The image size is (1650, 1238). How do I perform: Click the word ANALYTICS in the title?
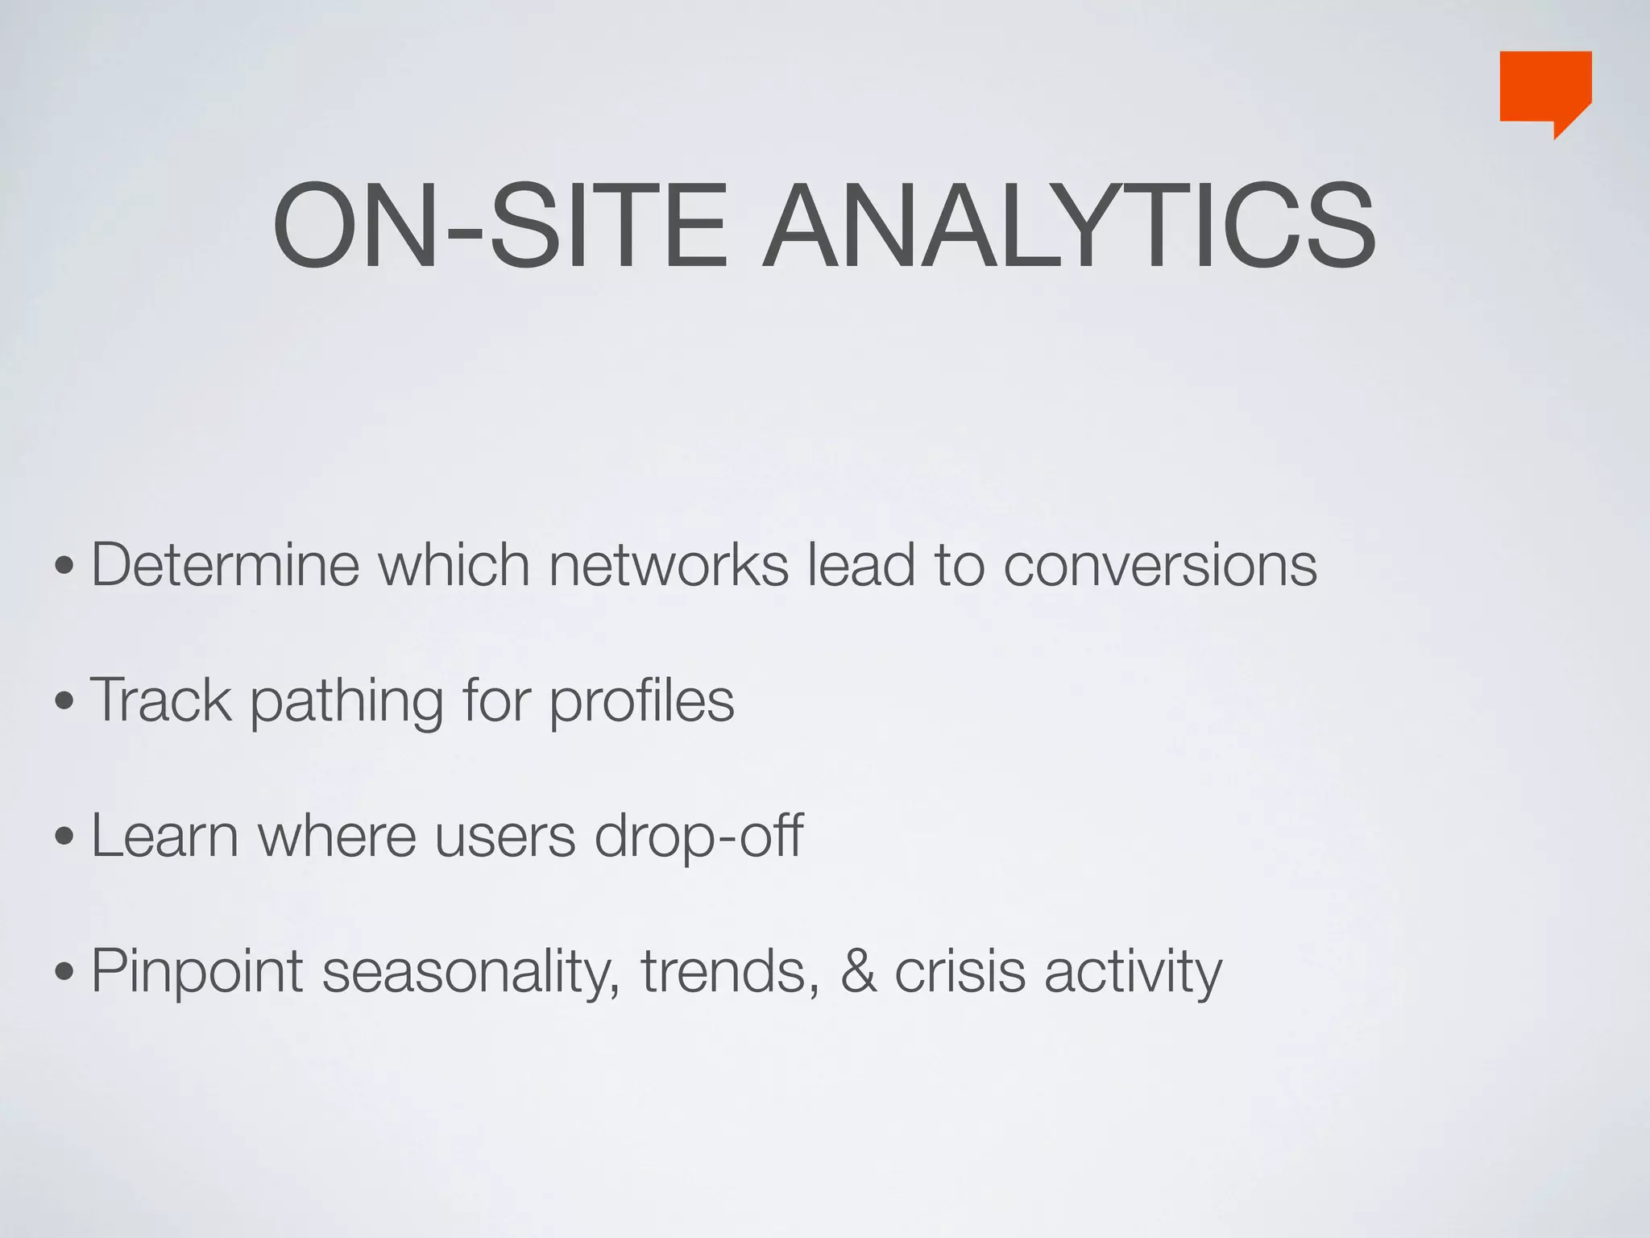(x=1068, y=226)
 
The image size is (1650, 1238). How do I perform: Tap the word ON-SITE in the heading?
(x=500, y=226)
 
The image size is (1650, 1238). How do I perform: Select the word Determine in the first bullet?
(x=225, y=564)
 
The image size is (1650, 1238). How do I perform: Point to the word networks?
(x=668, y=564)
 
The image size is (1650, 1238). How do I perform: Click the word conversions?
(x=1160, y=564)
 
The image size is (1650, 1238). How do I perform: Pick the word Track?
(x=161, y=700)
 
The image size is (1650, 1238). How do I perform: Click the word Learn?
(x=164, y=835)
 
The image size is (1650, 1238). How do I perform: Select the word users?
(x=505, y=837)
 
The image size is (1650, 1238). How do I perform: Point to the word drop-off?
(x=699, y=837)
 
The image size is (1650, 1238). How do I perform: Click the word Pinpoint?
(x=197, y=972)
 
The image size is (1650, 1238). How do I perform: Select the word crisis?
(x=960, y=971)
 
